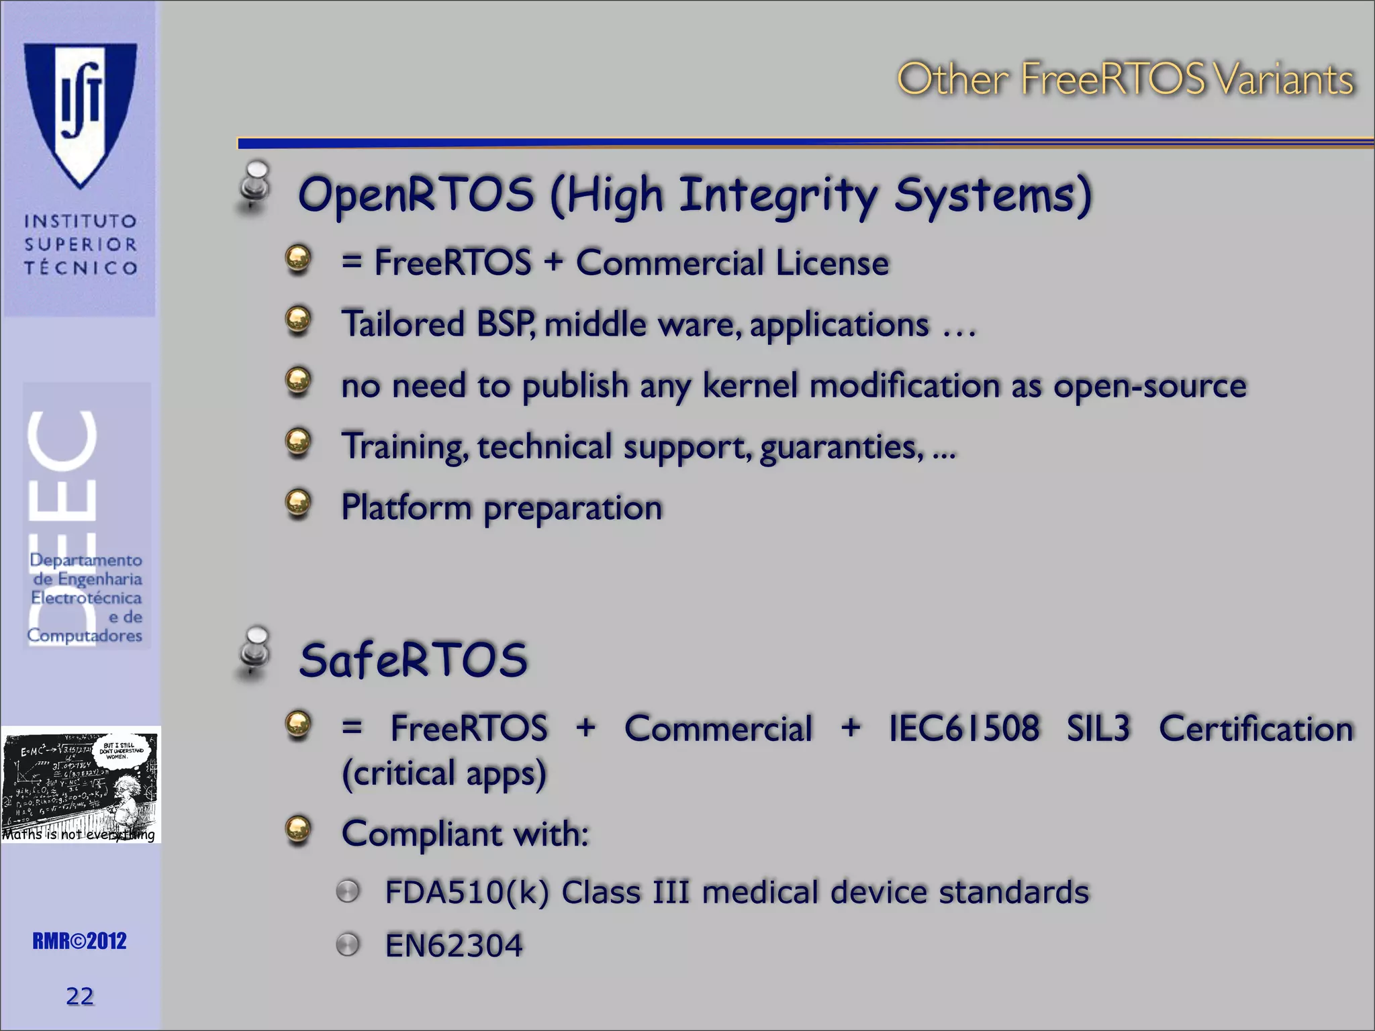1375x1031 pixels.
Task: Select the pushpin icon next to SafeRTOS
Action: pyautogui.click(x=254, y=652)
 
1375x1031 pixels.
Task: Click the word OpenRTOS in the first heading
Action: pyautogui.click(x=416, y=195)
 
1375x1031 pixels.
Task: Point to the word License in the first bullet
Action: pyautogui.click(x=832, y=262)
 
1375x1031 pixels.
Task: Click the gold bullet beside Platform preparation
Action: pyautogui.click(x=298, y=503)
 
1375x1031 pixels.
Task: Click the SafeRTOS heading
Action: pyautogui.click(x=414, y=660)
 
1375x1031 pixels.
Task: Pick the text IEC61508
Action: pyautogui.click(x=964, y=728)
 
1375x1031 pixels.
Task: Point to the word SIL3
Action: pyautogui.click(x=1098, y=728)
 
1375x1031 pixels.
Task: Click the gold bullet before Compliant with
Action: pyautogui.click(x=298, y=830)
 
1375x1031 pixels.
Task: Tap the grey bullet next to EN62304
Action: pyautogui.click(x=348, y=944)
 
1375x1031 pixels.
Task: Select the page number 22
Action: pyautogui.click(x=80, y=996)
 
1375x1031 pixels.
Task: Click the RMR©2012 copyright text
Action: pyautogui.click(x=79, y=941)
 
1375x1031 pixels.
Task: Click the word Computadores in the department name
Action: pyautogui.click(x=85, y=635)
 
